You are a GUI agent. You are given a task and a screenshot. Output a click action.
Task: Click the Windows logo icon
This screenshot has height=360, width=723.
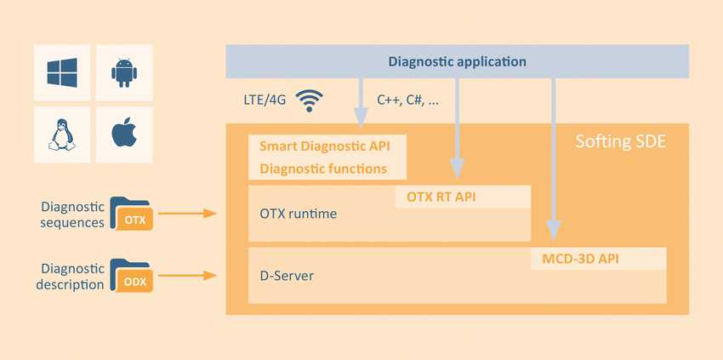point(62,73)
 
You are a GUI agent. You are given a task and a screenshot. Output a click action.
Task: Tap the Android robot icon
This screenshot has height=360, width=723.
point(124,73)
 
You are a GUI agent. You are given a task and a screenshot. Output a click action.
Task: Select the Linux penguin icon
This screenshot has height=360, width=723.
point(62,134)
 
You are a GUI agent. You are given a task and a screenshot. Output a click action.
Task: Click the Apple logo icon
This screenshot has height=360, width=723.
point(124,134)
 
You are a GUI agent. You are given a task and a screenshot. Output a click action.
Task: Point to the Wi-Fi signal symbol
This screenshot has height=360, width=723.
point(309,101)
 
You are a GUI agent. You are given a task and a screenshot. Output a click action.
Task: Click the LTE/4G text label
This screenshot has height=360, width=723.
point(264,100)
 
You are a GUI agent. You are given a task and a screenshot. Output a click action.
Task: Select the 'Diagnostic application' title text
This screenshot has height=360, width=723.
point(457,61)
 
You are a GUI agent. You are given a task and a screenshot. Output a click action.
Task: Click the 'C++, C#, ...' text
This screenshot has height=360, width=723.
point(408,100)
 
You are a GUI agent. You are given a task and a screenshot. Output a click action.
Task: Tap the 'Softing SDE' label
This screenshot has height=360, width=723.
point(620,140)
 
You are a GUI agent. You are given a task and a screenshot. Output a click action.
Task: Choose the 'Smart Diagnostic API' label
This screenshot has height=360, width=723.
point(327,146)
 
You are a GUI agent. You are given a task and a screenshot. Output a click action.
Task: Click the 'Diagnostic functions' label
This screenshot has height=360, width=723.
point(323,169)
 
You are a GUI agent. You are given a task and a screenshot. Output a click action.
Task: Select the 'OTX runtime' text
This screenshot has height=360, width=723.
point(298,214)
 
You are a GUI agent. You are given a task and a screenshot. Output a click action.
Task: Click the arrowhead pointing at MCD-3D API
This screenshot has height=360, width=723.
point(554,230)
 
